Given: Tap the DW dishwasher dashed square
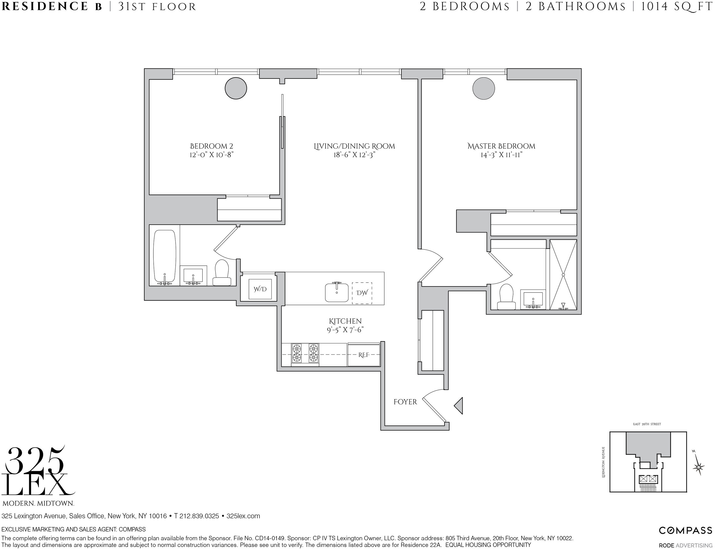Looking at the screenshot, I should coord(362,293).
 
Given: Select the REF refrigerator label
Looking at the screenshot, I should coord(364,355).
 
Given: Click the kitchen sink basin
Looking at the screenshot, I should coord(336,293).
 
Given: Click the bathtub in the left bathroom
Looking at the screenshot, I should coord(165,256).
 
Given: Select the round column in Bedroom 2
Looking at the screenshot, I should coord(236,88).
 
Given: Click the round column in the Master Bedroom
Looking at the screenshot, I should coord(484,88).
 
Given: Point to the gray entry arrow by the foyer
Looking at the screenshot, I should coord(459,406).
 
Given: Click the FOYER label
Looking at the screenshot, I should coord(405,402).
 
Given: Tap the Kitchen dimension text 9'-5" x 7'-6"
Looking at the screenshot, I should coord(345,330).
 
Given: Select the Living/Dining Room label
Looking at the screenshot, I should coord(354,146).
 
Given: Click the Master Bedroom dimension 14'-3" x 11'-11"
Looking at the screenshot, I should coord(501,155).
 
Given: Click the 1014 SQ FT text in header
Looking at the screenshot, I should coord(676,6).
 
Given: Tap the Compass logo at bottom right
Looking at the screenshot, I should coord(685,531).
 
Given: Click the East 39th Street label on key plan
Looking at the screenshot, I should coord(647,424).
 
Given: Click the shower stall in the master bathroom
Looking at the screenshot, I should coord(563,274).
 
